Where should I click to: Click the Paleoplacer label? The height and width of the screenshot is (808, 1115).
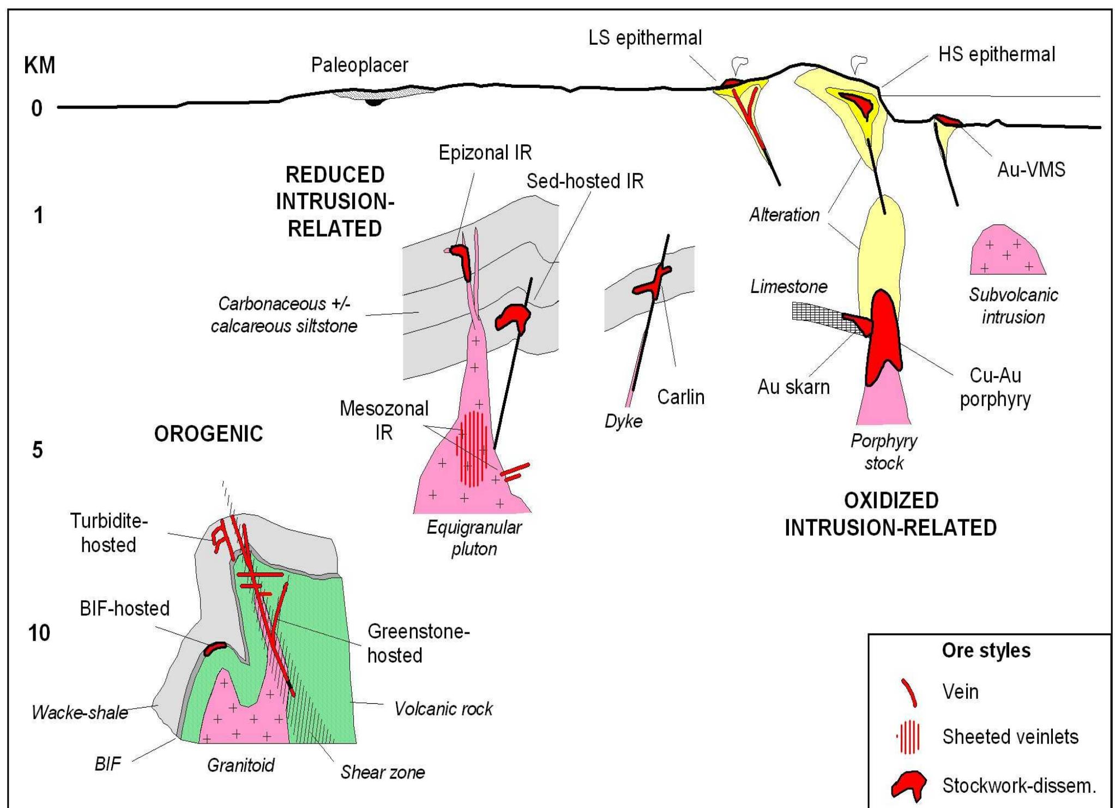coord(359,65)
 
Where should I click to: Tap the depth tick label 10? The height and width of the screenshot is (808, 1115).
coord(39,633)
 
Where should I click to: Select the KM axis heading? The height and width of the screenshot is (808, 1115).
coord(39,65)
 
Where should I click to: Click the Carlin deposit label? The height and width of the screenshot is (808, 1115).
coord(680,397)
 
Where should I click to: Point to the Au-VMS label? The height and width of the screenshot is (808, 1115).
coord(1030,170)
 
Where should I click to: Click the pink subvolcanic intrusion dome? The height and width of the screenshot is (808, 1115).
coord(1006,253)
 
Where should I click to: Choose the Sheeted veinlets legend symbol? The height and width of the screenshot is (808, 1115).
coord(909,737)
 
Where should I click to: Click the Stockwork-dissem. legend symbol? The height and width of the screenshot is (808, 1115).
coord(908,786)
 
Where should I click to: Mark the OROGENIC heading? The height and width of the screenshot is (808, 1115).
coord(208,434)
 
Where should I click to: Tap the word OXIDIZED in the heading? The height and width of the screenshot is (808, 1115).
coord(891,500)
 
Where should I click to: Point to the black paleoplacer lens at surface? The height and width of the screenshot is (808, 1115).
coord(374,102)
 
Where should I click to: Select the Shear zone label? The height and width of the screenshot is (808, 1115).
coord(382,772)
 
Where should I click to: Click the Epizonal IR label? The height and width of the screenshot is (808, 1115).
coord(485,153)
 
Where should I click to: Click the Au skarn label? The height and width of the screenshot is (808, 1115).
coord(793,387)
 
